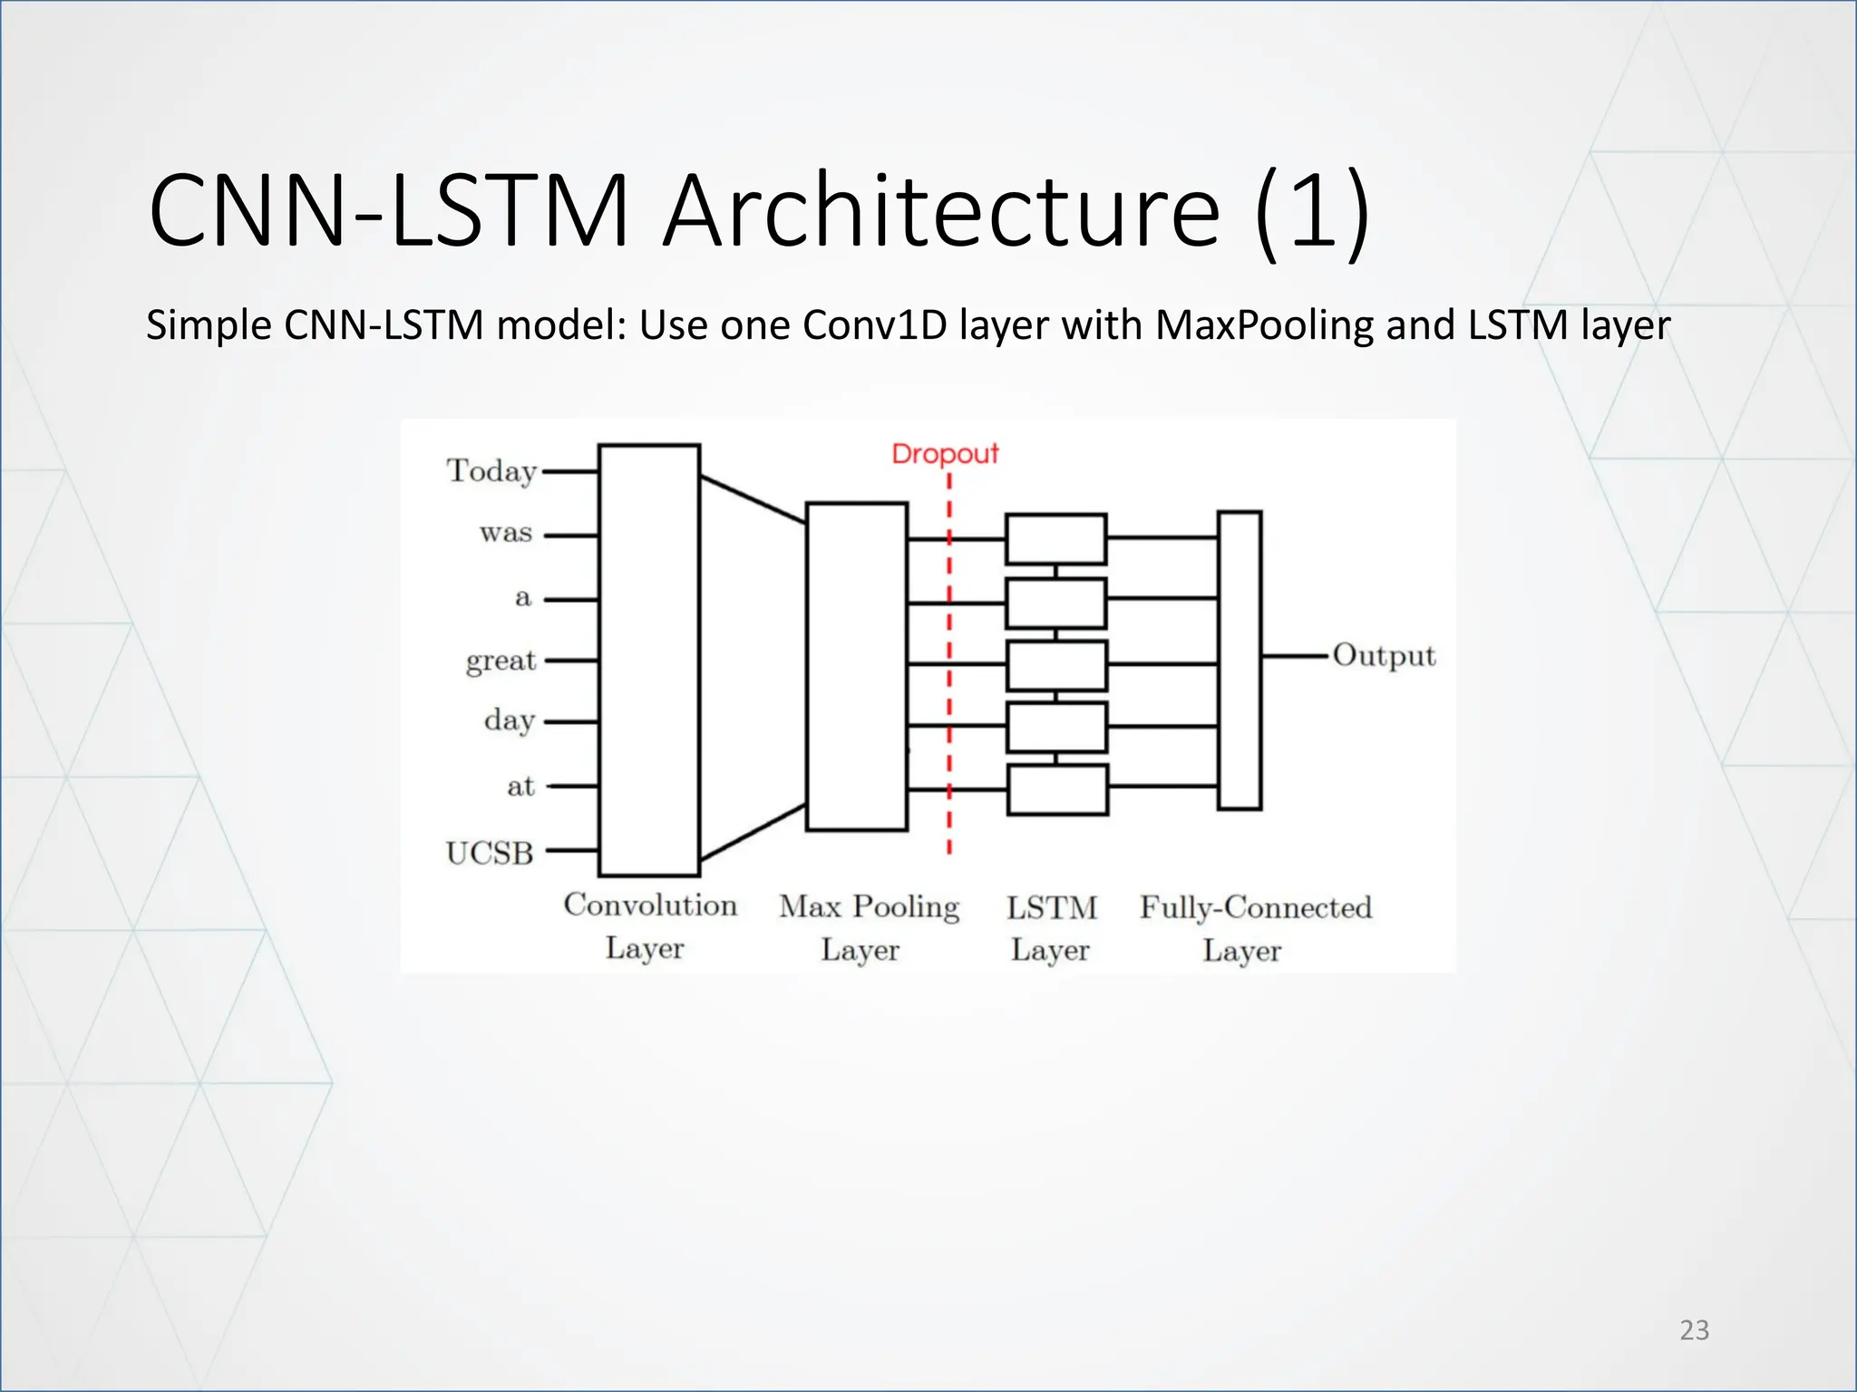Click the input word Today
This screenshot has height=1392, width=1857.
[491, 471]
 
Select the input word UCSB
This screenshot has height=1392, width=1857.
[490, 853]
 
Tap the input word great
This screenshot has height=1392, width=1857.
[501, 660]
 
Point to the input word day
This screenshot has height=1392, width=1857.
[510, 720]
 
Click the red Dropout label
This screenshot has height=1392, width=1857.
[945, 453]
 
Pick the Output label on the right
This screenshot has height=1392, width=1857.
[1384, 655]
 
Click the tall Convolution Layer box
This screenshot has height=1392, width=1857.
[649, 660]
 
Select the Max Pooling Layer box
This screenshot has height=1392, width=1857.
[857, 666]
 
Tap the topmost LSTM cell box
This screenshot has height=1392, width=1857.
[1056, 539]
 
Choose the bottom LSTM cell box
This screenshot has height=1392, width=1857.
[1057, 789]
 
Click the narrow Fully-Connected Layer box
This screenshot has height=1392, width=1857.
[1240, 660]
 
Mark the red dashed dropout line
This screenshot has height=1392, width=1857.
[949, 689]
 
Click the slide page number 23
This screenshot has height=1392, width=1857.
[1694, 1329]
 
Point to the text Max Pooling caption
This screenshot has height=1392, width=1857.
[869, 907]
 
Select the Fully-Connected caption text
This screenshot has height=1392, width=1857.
[1256, 907]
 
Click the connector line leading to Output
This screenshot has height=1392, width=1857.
[1295, 655]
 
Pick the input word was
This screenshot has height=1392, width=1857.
[506, 533]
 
